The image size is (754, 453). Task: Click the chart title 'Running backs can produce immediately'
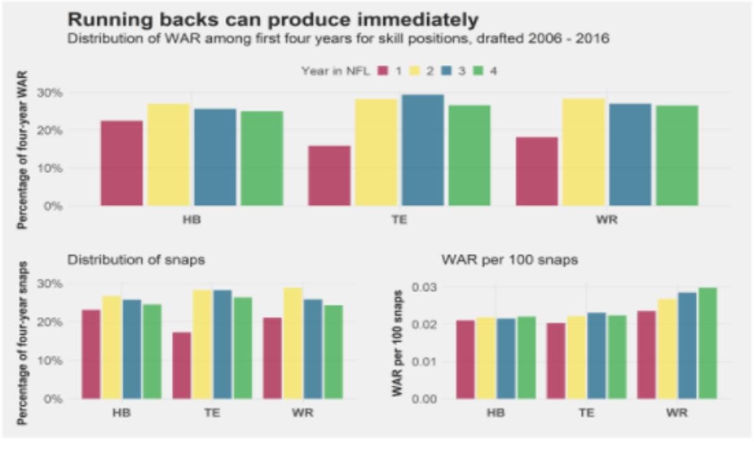click(x=273, y=19)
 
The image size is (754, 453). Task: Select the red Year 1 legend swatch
click(x=383, y=71)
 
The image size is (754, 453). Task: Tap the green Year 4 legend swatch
click(x=478, y=71)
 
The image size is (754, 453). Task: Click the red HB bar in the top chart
click(x=122, y=163)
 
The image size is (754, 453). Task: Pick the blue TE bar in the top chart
click(x=423, y=150)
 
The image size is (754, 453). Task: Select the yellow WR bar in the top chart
click(x=583, y=152)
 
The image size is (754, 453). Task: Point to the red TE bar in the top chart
click(x=329, y=176)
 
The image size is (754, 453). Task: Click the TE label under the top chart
click(x=399, y=220)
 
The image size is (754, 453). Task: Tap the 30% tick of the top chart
click(x=50, y=92)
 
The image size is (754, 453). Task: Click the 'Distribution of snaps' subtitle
click(x=136, y=260)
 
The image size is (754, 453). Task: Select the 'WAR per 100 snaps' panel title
click(x=510, y=260)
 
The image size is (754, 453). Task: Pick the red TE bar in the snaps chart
click(x=182, y=366)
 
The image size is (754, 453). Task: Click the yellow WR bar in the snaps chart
click(x=293, y=343)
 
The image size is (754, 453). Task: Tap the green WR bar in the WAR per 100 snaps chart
click(x=708, y=343)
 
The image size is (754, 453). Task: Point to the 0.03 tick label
click(x=424, y=287)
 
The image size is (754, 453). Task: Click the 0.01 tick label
click(x=424, y=362)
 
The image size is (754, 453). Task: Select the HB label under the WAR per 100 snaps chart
click(x=496, y=413)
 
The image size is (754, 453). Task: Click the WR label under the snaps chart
click(x=303, y=413)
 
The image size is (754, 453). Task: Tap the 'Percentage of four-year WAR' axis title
click(x=22, y=150)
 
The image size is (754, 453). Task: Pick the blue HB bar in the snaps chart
click(x=132, y=349)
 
